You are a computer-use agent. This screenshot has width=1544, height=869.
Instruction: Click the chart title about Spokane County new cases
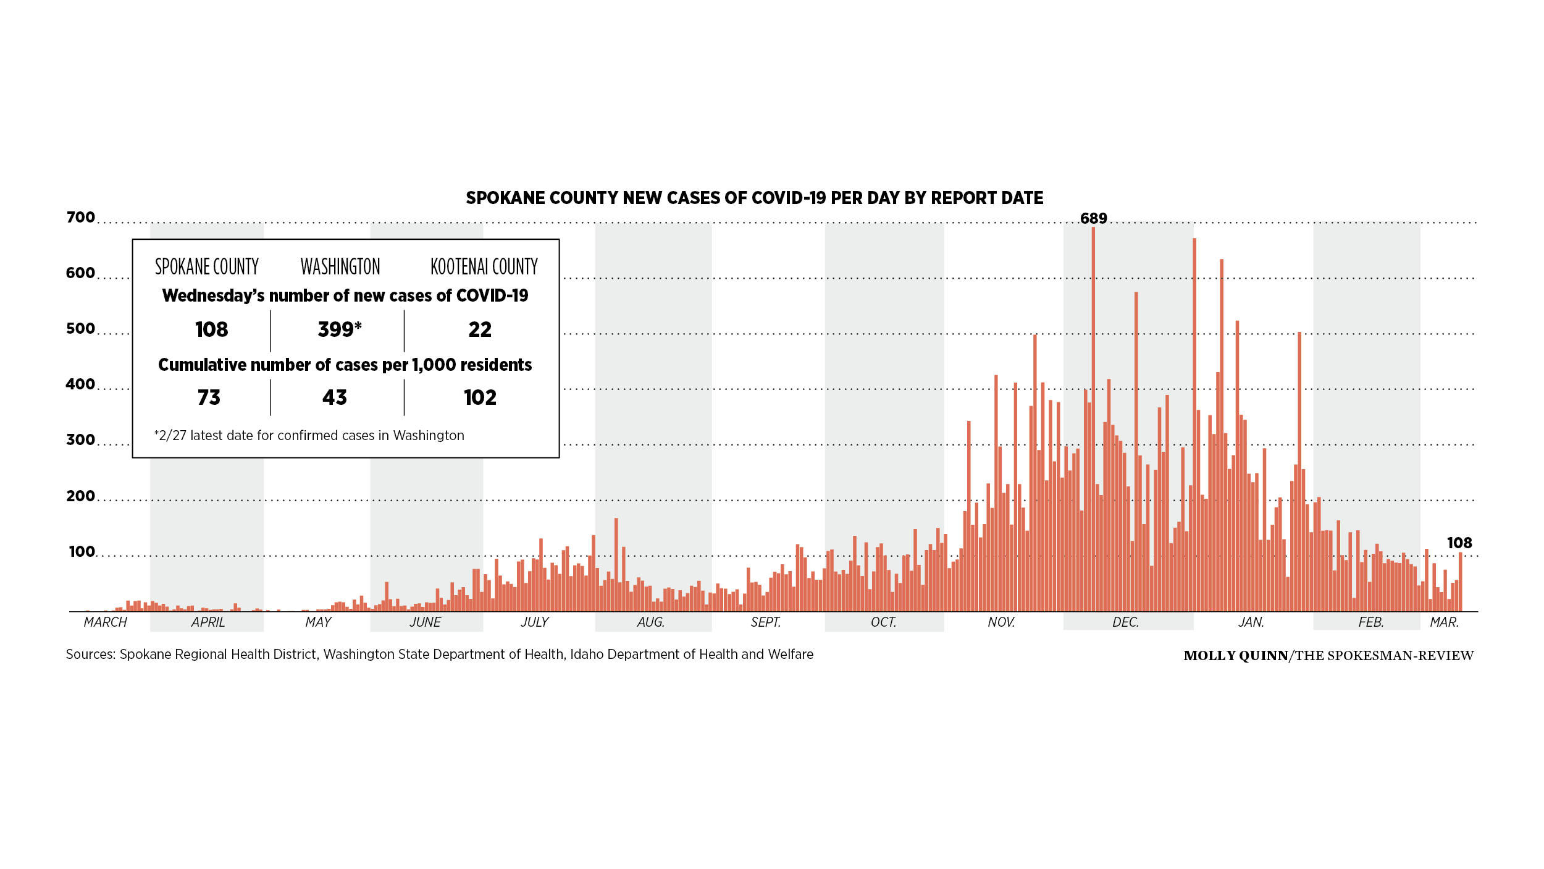click(754, 198)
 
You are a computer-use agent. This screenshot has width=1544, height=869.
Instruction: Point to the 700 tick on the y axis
click(81, 218)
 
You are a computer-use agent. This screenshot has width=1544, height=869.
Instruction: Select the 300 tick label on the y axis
click(81, 440)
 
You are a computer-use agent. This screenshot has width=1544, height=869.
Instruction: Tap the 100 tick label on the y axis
click(82, 552)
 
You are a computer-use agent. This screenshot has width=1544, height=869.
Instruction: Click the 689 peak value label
click(1093, 219)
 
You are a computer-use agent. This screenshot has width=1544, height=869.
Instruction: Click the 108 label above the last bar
click(1459, 543)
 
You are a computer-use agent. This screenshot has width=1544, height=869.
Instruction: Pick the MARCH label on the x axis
click(106, 622)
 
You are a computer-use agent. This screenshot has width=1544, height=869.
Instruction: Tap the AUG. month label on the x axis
click(651, 622)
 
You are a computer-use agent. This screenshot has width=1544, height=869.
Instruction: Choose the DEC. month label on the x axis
click(1125, 622)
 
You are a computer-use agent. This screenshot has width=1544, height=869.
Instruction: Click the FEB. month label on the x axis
click(1371, 622)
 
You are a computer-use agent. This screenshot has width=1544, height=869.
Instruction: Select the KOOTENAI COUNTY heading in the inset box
click(484, 267)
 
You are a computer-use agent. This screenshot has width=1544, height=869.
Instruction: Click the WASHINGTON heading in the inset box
click(340, 267)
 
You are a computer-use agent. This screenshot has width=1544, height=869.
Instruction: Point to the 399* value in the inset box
click(340, 329)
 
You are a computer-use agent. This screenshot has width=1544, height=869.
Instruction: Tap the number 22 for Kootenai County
click(480, 330)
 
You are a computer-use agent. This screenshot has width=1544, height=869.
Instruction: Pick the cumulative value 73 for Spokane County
click(209, 397)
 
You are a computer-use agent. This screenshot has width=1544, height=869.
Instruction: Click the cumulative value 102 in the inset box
click(480, 397)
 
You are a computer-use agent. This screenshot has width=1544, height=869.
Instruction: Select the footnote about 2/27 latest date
click(309, 436)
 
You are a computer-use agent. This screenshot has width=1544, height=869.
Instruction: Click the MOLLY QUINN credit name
click(1235, 656)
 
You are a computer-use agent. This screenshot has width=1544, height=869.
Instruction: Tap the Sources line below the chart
click(439, 655)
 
